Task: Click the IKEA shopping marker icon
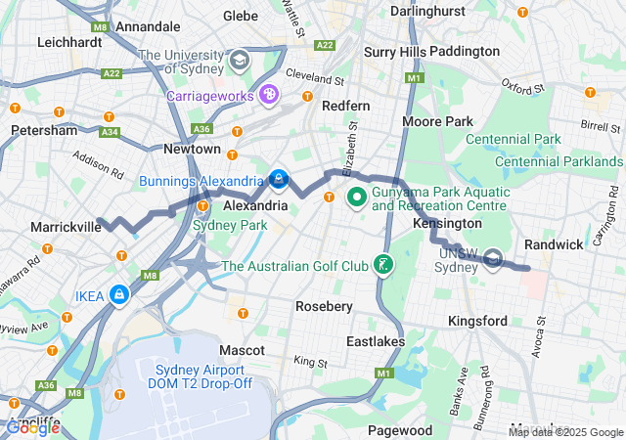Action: tap(119, 293)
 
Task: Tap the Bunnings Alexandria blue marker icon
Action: tap(279, 180)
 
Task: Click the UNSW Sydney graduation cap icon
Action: tap(494, 259)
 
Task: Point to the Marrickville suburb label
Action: tap(66, 227)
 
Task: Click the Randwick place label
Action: tap(554, 243)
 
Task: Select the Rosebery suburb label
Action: tap(324, 306)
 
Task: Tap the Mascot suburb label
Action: tap(242, 349)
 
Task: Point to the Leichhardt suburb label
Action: tap(70, 42)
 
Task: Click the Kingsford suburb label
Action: tap(477, 321)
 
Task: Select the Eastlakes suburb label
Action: tap(375, 341)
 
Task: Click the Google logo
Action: tap(32, 427)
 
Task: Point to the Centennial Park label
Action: tap(541, 140)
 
